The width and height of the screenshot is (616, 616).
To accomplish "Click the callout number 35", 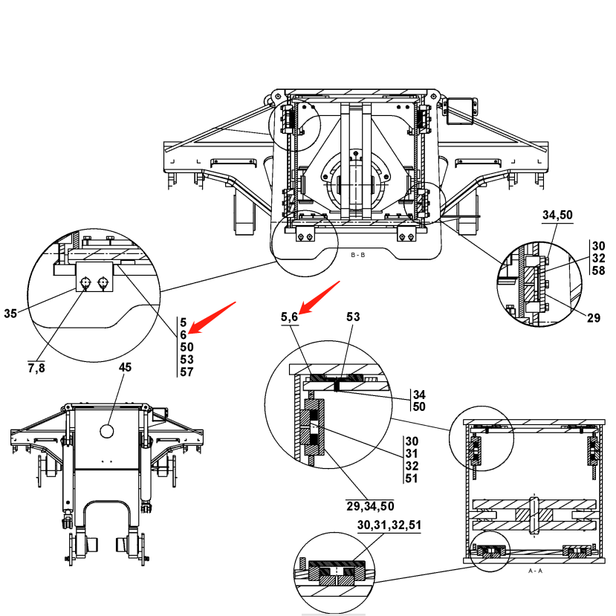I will coord(10,314).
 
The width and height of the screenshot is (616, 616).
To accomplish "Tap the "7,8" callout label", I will coord(36,366).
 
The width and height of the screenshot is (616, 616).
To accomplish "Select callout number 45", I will coord(126,367).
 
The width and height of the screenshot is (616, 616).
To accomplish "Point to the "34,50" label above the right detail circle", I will coord(557,215).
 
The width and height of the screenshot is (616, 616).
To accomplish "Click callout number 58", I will coord(599,270).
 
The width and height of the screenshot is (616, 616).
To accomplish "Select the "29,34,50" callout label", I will coord(370,507).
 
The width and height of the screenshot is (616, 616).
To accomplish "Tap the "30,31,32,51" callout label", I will coord(389,525).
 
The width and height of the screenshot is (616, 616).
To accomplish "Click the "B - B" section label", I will coord(357,255).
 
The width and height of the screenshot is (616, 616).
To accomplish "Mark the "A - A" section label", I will coord(534,571).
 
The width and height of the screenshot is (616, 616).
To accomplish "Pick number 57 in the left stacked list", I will coord(187,372).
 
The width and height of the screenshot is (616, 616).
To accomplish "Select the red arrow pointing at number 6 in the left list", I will coord(213,317).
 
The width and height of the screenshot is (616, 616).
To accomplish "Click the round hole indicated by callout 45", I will coord(106,431).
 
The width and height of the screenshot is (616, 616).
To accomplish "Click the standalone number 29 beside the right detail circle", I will coord(593,318).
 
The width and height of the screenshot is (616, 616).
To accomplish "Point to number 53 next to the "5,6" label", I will coord(354,317).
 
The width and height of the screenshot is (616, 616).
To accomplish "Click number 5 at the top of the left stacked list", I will coord(183,322).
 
